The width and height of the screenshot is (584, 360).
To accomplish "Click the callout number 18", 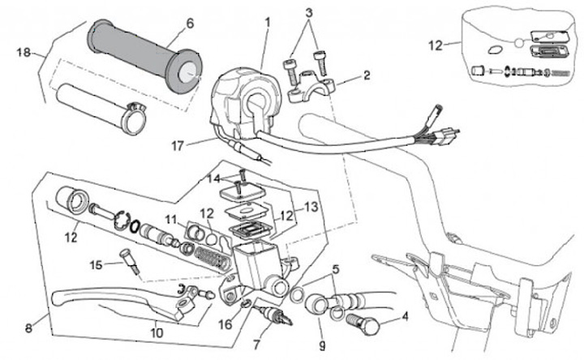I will (x=23, y=53).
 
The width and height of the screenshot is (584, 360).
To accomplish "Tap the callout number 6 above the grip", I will (x=190, y=24).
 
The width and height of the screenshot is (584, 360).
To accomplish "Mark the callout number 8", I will (x=29, y=328).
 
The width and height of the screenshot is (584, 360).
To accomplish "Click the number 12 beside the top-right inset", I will (x=436, y=45).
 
